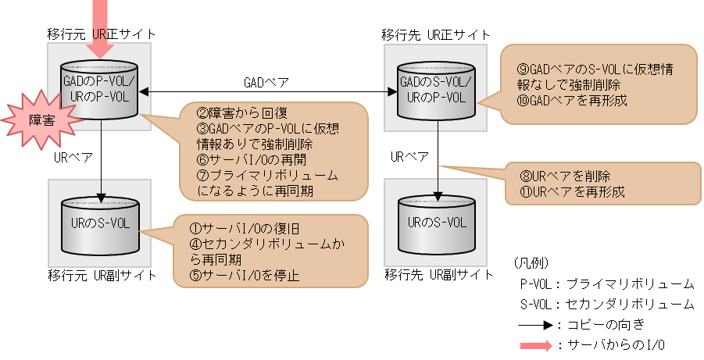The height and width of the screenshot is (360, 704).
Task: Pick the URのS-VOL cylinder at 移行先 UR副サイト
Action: [435, 221]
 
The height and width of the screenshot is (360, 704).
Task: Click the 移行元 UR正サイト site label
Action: [101, 34]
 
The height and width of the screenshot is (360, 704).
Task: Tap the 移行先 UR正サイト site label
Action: [436, 34]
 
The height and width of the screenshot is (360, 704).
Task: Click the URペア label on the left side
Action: [73, 157]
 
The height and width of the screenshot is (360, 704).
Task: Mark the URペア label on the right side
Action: [409, 157]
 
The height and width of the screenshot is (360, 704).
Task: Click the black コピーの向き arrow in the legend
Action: [535, 324]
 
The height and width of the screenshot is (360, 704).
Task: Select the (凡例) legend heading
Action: [531, 262]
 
